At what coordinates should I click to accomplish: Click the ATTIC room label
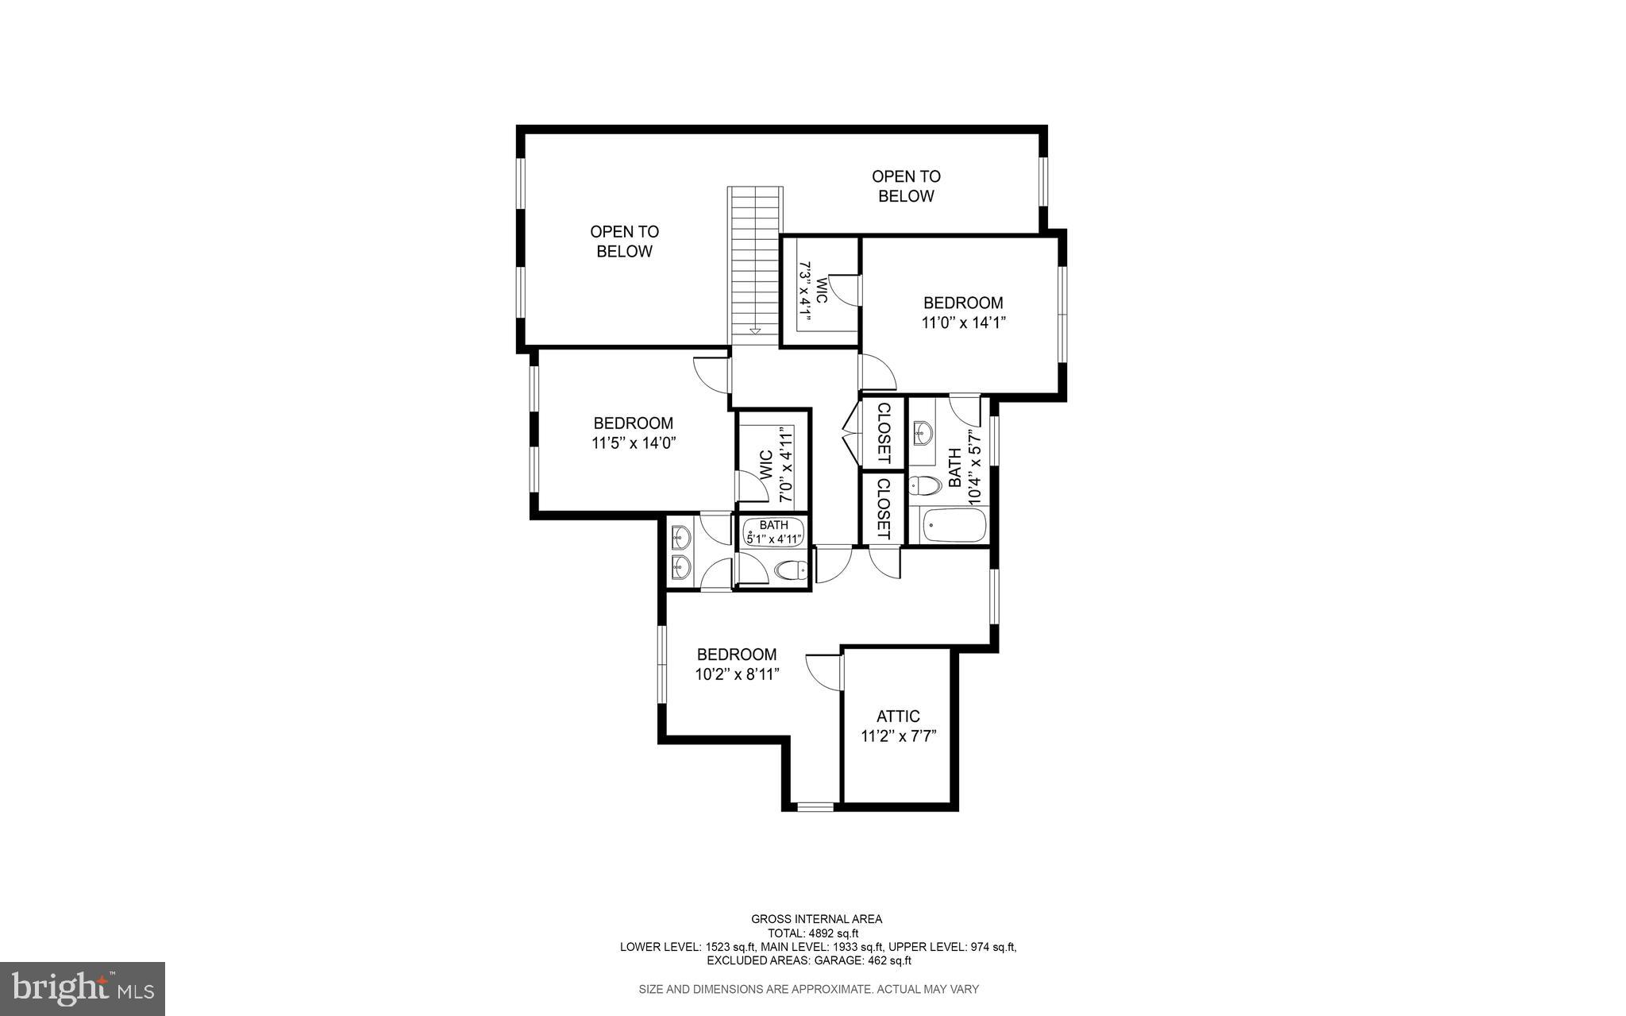click(898, 717)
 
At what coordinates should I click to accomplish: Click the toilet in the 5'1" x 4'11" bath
click(790, 570)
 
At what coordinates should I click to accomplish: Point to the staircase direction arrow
click(754, 330)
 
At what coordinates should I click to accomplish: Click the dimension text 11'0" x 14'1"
click(963, 323)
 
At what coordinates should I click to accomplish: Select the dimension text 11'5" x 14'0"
click(633, 443)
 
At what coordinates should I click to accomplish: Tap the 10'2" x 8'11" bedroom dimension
click(737, 674)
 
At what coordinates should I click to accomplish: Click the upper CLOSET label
click(883, 433)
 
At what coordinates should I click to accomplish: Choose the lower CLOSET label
click(883, 508)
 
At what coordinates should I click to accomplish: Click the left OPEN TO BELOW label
click(624, 241)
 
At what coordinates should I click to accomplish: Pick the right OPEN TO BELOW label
click(906, 186)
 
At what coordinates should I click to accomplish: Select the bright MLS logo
click(83, 988)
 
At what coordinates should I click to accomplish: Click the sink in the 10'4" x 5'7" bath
click(923, 434)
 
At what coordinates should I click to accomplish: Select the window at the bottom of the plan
click(815, 807)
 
